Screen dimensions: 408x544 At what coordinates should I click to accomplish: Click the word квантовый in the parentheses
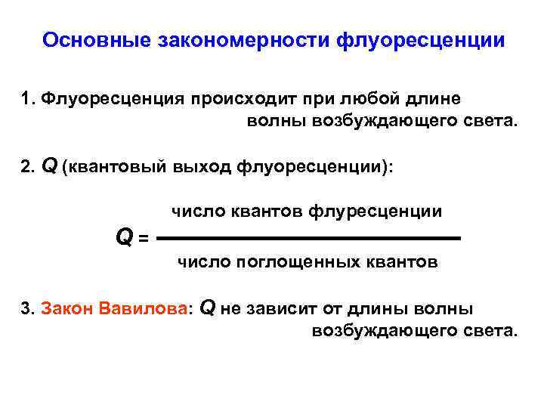(116, 168)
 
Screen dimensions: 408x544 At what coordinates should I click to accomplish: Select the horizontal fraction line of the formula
(311, 239)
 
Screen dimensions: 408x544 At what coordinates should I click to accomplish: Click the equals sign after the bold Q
(143, 239)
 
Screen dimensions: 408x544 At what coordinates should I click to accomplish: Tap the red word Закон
(64, 309)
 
